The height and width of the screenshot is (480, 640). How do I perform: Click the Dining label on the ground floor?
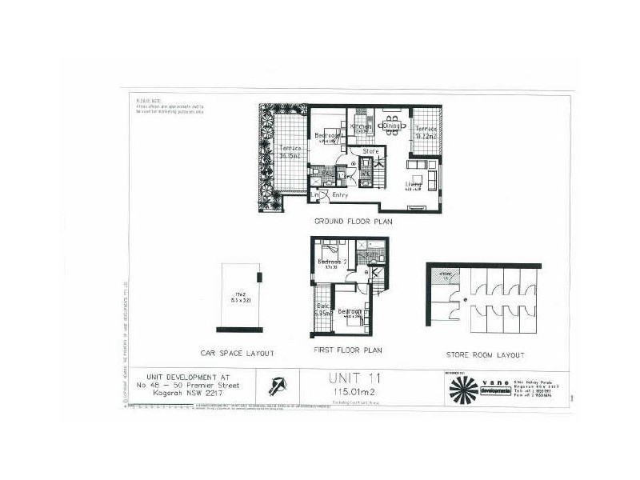(x=391, y=126)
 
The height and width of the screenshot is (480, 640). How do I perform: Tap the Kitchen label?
(x=360, y=127)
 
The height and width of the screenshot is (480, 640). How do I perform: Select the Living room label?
(x=414, y=185)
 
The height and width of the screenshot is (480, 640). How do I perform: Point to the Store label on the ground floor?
(x=370, y=150)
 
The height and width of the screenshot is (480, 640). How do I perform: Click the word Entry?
(x=339, y=194)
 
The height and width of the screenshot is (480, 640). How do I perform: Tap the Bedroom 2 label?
(x=332, y=262)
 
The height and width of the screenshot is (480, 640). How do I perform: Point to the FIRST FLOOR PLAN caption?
(x=347, y=350)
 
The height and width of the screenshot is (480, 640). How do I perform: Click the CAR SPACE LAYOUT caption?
(x=238, y=352)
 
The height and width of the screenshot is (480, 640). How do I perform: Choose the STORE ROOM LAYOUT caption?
(x=486, y=354)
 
